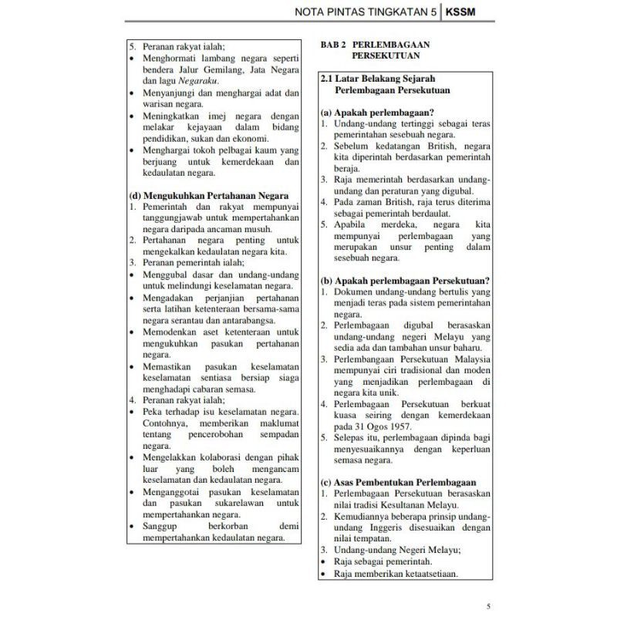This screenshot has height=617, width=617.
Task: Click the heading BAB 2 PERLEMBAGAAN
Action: (374, 45)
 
